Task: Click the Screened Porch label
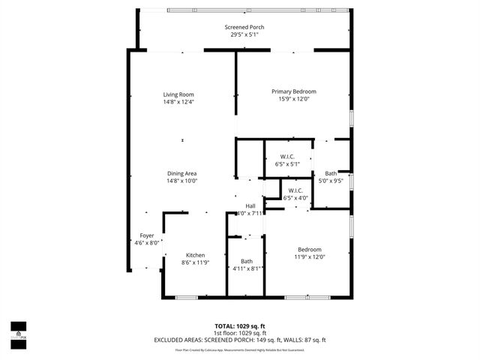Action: point(244,27)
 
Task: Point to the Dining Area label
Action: point(181,173)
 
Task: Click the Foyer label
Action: point(146,235)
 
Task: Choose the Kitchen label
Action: point(196,255)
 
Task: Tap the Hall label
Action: point(250,205)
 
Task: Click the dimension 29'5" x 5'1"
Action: point(244,34)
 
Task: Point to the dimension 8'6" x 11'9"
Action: point(196,262)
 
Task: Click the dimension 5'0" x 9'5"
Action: point(331,181)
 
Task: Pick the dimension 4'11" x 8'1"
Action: point(247,268)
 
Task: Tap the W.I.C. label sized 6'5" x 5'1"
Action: point(287,156)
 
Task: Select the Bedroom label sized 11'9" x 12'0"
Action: point(310,250)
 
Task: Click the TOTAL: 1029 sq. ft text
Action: point(240,326)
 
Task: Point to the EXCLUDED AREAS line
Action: point(240,340)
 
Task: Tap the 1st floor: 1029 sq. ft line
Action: point(240,333)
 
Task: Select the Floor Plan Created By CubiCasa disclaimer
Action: point(240,349)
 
